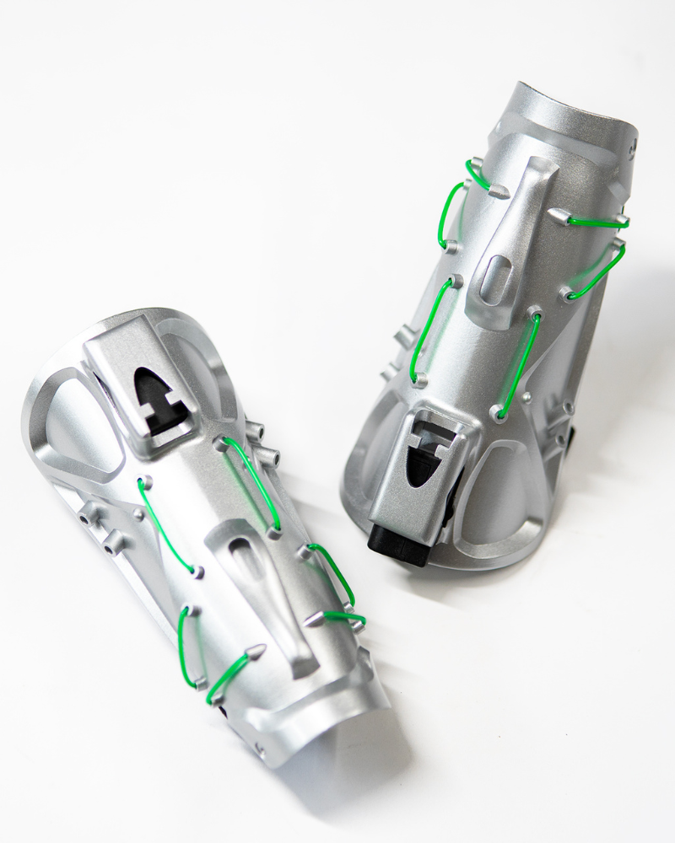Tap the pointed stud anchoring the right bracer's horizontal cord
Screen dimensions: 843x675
pyautogui.click(x=558, y=216)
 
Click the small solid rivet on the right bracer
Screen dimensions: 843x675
pyautogui.click(x=526, y=396)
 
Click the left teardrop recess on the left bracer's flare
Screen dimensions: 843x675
pyautogui.click(x=72, y=426)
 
